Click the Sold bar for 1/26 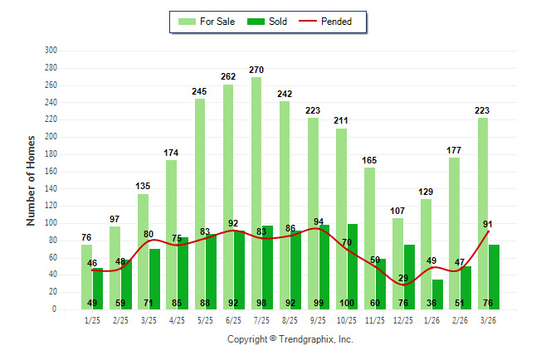(438, 294)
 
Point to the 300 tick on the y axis (51, 51)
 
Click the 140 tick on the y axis (51, 188)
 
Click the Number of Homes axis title (32, 180)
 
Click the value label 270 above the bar (256, 70)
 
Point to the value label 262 (228, 76)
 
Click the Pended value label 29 (404, 278)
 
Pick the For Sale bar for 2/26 (455, 232)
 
